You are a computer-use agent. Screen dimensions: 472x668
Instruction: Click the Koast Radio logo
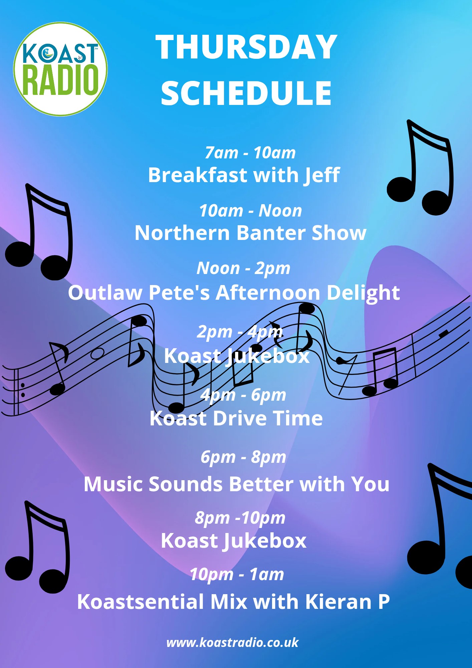point(60,69)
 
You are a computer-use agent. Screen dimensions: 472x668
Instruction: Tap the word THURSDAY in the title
point(246,47)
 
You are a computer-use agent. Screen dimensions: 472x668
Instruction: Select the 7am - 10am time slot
point(250,153)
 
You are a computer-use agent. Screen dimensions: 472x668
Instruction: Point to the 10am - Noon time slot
point(250,211)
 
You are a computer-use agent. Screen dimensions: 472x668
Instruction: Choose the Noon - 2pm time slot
point(243,269)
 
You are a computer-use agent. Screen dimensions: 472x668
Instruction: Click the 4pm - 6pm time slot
point(243,395)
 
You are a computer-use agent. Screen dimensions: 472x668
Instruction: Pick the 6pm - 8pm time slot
point(243,457)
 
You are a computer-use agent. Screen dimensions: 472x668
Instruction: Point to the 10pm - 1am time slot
point(237,574)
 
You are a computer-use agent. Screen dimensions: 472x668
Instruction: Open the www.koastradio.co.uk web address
point(232,643)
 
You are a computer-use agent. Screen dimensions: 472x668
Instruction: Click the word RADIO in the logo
point(60,80)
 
